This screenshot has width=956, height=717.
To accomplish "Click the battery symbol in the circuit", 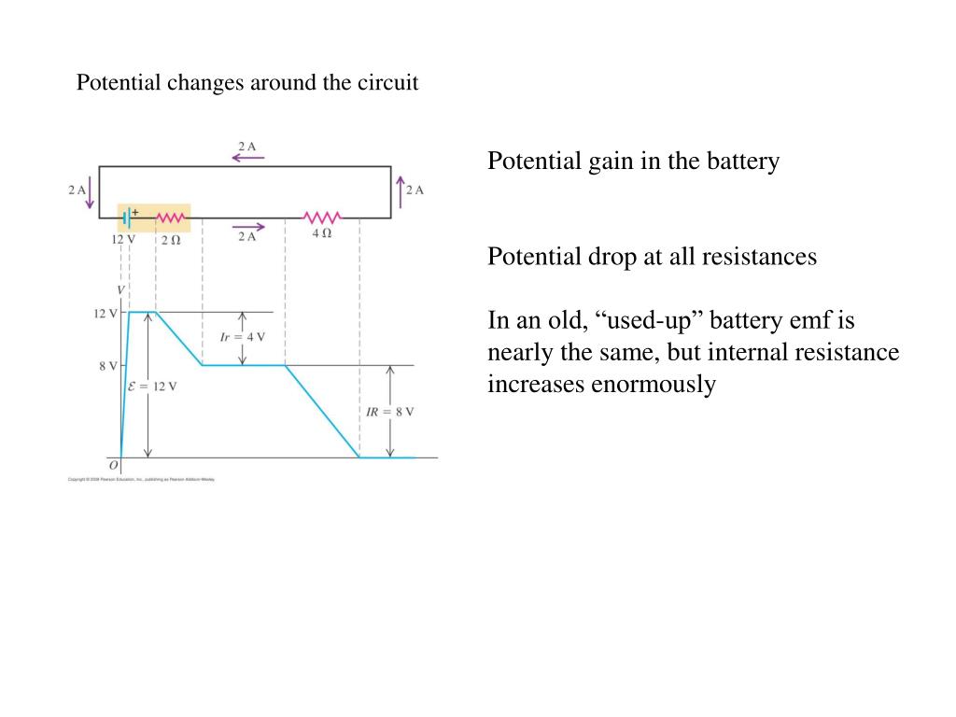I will [x=126, y=218].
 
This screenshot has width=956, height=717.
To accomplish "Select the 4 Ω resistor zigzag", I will [x=322, y=218].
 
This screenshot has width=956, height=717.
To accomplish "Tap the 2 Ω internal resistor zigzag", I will [x=170, y=218].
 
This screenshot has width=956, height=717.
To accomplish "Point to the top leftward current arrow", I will [x=247, y=158].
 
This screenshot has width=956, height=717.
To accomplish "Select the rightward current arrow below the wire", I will [x=247, y=227].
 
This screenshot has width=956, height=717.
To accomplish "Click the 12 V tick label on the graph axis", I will [x=104, y=314].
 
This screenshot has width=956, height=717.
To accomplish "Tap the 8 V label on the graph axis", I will [x=107, y=366].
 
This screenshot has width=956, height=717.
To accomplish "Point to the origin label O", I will [x=113, y=465].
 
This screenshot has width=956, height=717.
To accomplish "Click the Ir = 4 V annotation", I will [x=242, y=337].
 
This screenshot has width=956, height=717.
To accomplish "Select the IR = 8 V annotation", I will [x=389, y=411].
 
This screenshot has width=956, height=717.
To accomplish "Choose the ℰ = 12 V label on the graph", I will [x=152, y=386].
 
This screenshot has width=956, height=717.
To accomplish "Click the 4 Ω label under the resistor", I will [x=321, y=233].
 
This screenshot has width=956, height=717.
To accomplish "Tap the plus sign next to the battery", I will [x=134, y=211].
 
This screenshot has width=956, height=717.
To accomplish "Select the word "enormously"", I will [x=653, y=385].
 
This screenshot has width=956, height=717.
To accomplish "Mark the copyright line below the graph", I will [x=141, y=479].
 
